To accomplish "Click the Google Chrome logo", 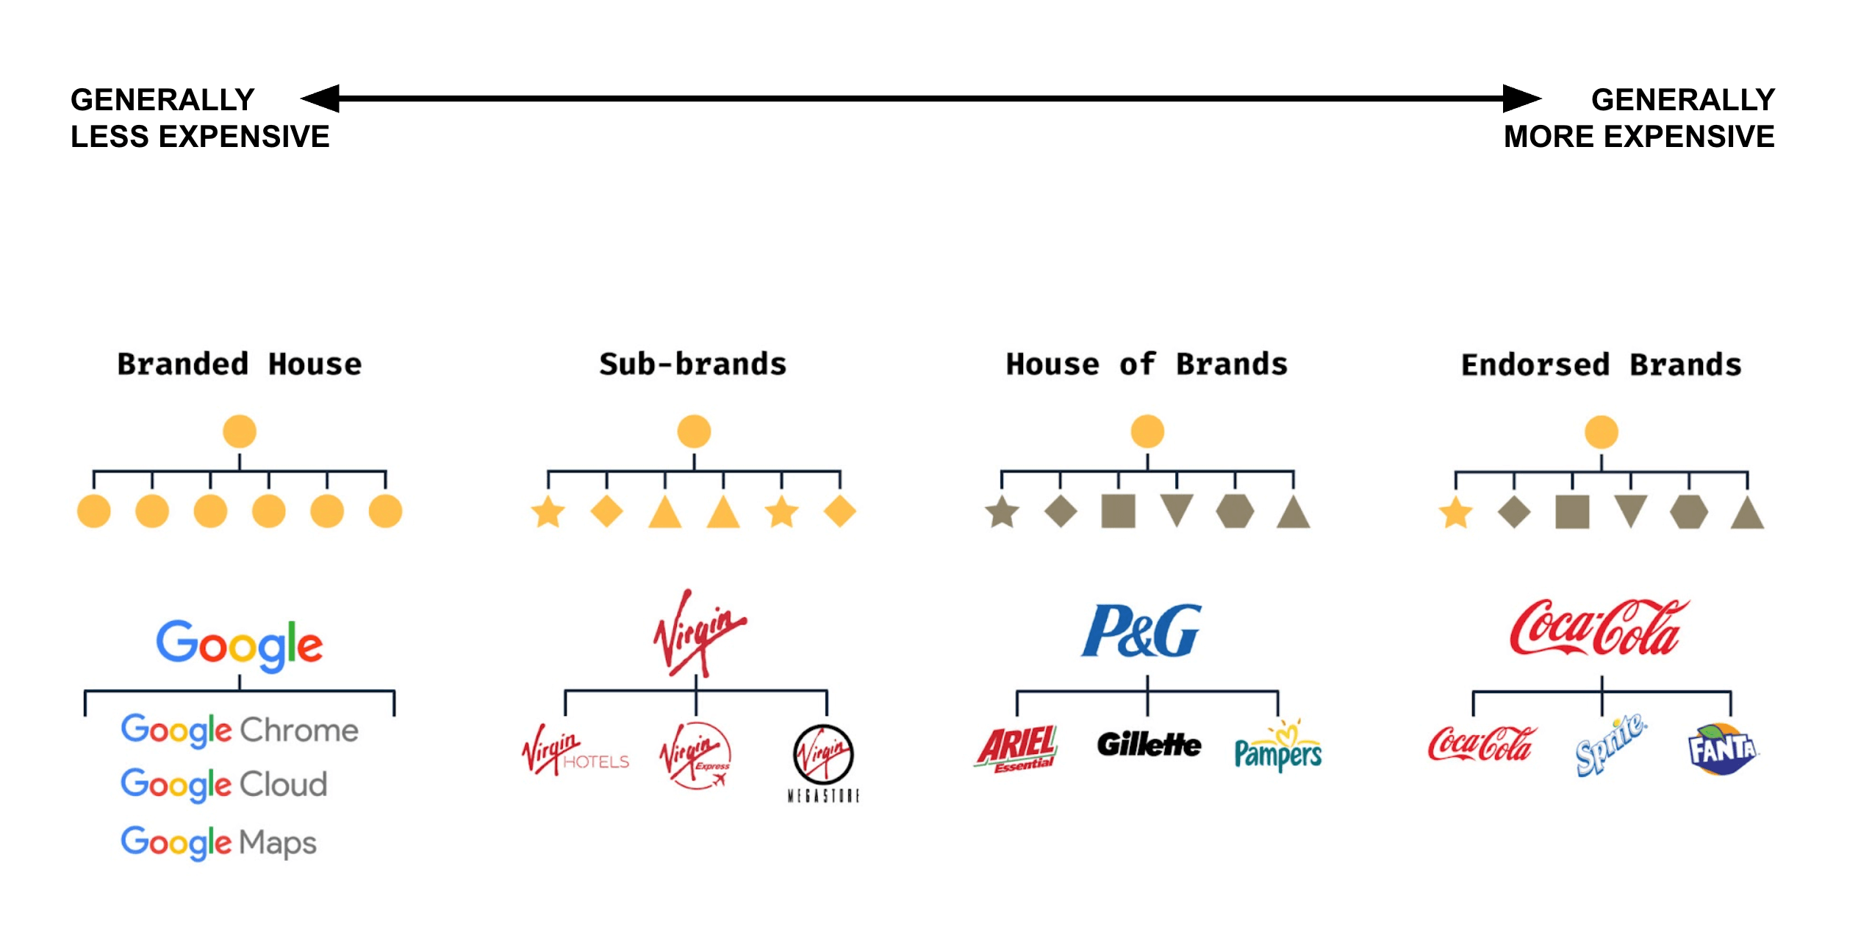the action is [x=240, y=730].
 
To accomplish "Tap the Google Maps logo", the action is [x=218, y=842].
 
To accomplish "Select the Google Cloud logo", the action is [x=223, y=784].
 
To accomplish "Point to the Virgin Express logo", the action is [x=695, y=756].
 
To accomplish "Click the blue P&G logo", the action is [x=1141, y=631].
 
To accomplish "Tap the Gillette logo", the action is [x=1149, y=745].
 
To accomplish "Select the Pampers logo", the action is [x=1278, y=750].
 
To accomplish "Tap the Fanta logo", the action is [x=1722, y=750].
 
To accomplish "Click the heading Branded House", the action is [x=240, y=365].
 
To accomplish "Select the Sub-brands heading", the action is [x=693, y=365].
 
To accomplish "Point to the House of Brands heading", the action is [x=1147, y=365].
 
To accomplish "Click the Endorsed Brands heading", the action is [x=1601, y=365].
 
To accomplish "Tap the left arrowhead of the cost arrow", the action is [x=322, y=98].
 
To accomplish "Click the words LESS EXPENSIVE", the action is [x=200, y=137].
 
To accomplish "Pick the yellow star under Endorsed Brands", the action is [x=1455, y=512].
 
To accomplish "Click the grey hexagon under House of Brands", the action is [x=1235, y=512].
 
